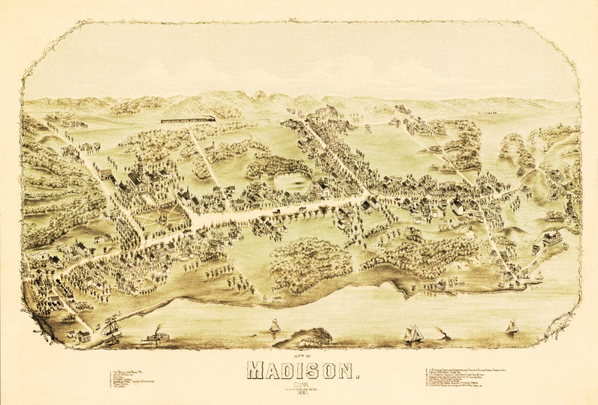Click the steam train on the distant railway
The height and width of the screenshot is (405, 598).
188,119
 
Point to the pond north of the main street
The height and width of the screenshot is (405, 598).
292,181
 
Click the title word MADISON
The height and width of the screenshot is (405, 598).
302,370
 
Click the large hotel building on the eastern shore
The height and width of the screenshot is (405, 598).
552,238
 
